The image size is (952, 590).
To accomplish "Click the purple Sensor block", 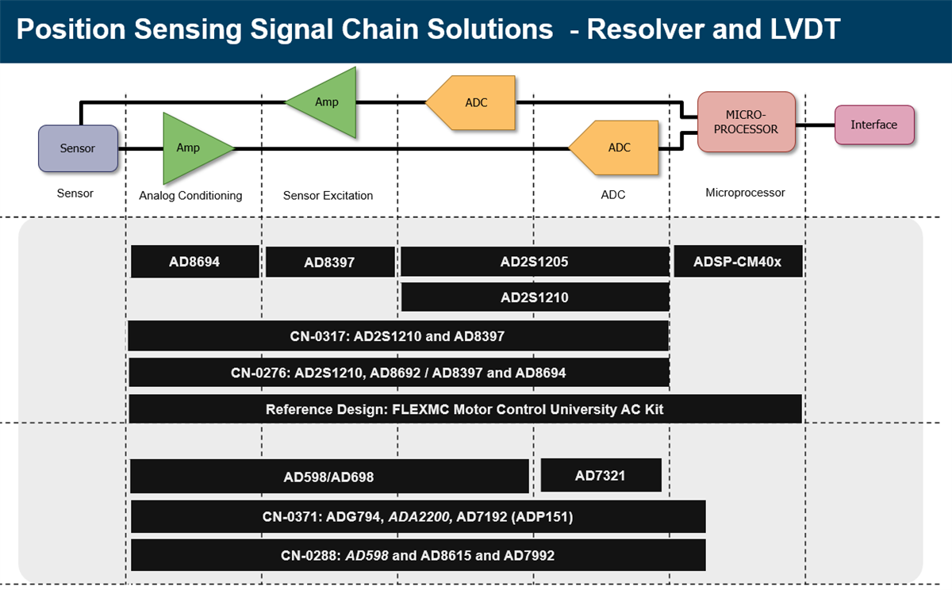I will [x=78, y=148].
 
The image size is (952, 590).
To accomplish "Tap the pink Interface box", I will [x=874, y=125].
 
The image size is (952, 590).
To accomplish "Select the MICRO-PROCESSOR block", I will [x=746, y=122].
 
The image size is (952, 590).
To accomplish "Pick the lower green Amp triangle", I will [x=190, y=148].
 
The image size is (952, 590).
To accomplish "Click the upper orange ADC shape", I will [x=474, y=103].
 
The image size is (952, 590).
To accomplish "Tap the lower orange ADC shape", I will [x=617, y=148].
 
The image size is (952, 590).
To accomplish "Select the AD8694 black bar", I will [x=194, y=261].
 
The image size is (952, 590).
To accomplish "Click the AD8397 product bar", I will [x=330, y=262].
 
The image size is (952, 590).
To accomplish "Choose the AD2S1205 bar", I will [x=535, y=261].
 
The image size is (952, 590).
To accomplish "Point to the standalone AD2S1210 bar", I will [x=535, y=297].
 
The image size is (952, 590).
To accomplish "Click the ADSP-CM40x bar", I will [x=738, y=261].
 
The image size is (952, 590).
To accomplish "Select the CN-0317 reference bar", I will [x=397, y=335].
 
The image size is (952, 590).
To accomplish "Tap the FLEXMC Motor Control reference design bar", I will [x=465, y=409].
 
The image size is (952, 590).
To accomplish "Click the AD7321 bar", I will [x=601, y=475].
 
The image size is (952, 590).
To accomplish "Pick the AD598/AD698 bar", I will [x=329, y=477].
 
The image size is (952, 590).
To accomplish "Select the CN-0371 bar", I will [x=417, y=516].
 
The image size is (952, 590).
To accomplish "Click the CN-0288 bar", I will [x=417, y=555].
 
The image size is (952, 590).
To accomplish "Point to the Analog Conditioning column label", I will [x=190, y=195].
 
